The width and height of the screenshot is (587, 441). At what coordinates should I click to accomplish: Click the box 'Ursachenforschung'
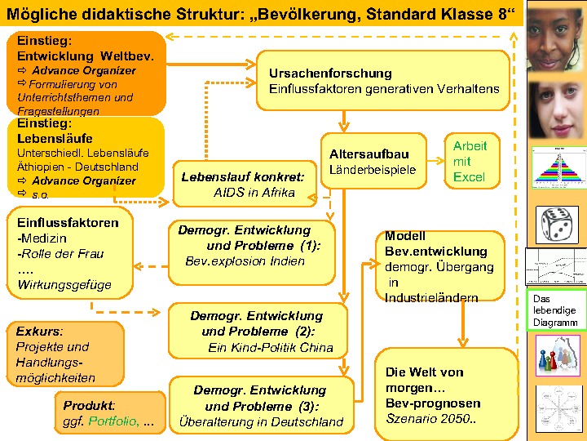click(383, 80)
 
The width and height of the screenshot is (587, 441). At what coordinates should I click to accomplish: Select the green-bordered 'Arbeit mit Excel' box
click(470, 161)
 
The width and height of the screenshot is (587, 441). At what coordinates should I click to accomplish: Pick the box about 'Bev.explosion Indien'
click(250, 246)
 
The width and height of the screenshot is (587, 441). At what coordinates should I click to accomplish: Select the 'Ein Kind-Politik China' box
click(257, 331)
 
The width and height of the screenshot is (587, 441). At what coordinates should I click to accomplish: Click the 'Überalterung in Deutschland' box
click(262, 406)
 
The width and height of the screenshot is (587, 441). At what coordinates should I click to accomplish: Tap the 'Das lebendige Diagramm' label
click(555, 311)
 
